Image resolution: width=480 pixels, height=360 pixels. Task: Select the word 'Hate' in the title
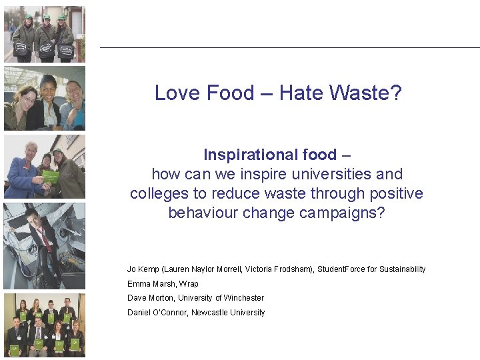[x=301, y=93]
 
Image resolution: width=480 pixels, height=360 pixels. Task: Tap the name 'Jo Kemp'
[x=143, y=269]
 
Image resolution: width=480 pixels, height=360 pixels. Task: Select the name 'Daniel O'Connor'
[x=157, y=313]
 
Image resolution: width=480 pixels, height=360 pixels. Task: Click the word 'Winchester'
[x=244, y=298]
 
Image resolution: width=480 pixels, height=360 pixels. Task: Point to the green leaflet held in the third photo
[x=51, y=177]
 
